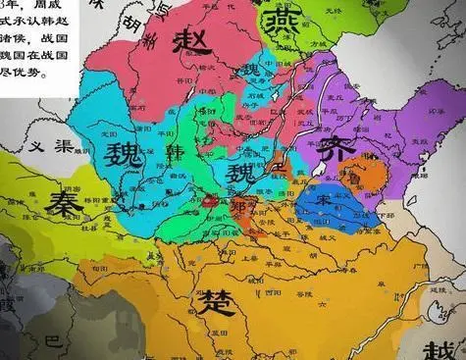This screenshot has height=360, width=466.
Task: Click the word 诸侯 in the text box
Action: [x=23, y=40]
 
